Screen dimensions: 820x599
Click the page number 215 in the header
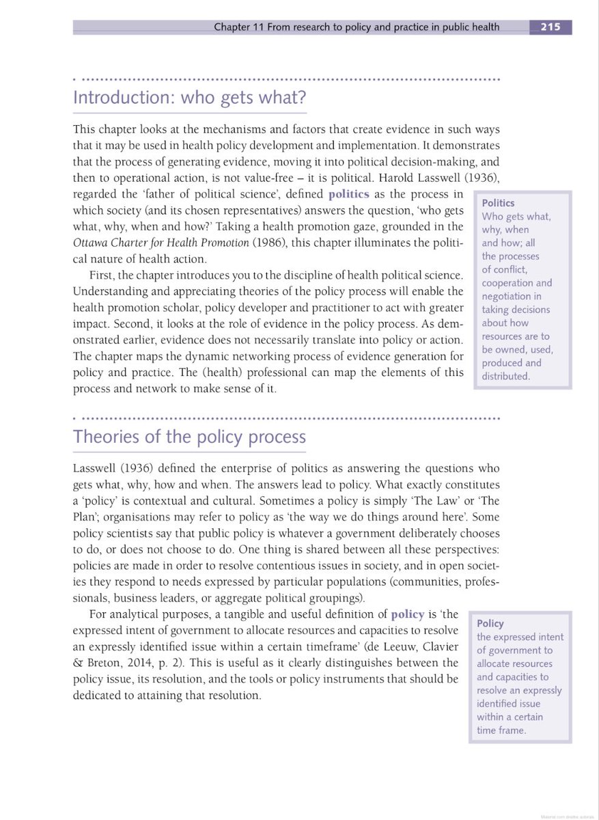tap(550, 27)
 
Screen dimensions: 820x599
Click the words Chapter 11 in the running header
tap(238, 27)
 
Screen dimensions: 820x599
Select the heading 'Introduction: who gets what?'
tap(189, 98)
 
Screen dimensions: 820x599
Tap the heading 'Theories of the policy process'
tap(189, 437)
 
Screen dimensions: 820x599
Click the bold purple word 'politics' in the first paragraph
tap(348, 194)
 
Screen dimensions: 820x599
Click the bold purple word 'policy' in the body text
tap(408, 614)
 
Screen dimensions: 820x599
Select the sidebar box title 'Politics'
tap(499, 203)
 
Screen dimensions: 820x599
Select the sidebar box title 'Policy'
tap(490, 623)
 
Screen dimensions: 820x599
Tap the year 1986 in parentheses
tap(268, 245)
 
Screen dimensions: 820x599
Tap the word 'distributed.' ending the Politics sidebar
tap(505, 377)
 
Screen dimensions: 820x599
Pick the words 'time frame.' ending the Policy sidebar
tap(501, 730)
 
